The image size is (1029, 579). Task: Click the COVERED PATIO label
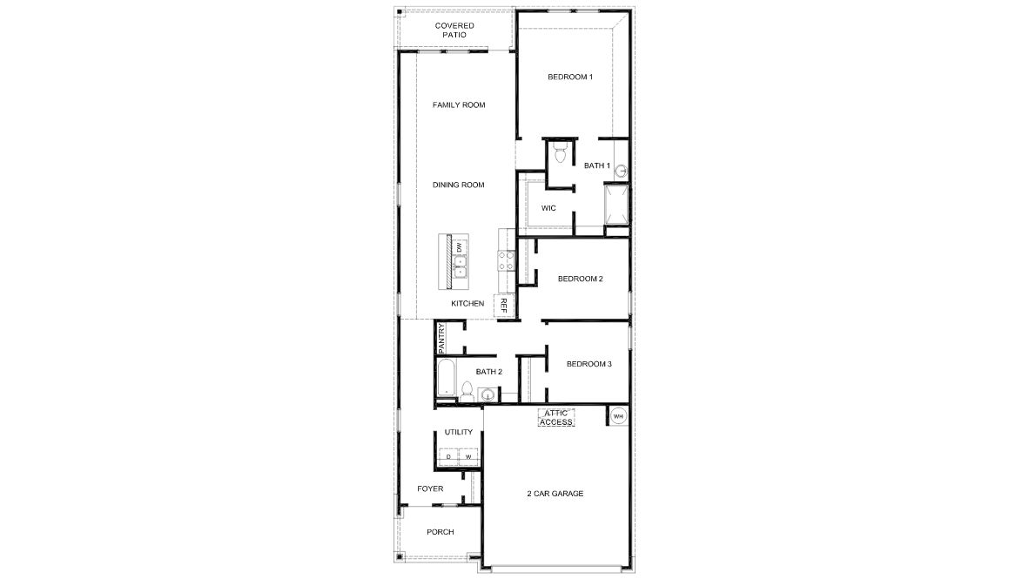click(x=454, y=30)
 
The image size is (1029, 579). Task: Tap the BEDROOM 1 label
click(x=570, y=77)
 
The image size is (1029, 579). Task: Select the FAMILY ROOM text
click(x=459, y=105)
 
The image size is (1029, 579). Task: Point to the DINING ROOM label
click(x=459, y=185)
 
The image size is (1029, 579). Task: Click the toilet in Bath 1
click(x=561, y=155)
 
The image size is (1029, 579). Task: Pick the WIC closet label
click(x=548, y=208)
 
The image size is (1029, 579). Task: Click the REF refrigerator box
click(x=503, y=306)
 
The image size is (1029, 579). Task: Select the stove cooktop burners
click(x=503, y=260)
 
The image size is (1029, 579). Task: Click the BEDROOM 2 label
click(x=581, y=279)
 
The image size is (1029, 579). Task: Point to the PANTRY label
click(x=442, y=337)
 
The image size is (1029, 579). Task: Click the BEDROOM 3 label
click(x=588, y=364)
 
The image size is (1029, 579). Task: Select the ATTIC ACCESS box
click(x=556, y=418)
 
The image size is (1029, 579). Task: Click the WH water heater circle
click(x=618, y=417)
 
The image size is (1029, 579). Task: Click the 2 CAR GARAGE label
click(x=555, y=494)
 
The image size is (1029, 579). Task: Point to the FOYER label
click(x=430, y=489)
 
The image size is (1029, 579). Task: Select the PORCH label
click(x=440, y=533)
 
